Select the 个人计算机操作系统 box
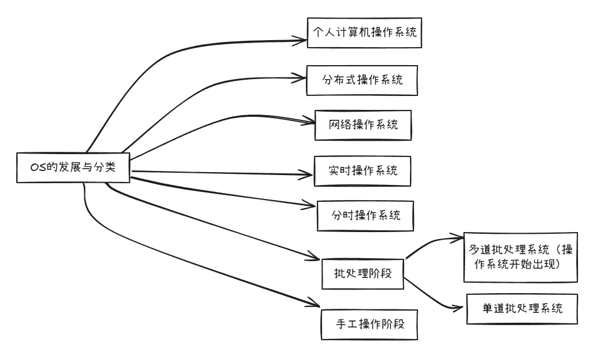[363, 33]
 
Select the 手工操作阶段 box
[370, 324]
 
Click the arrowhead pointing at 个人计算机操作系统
[303, 40]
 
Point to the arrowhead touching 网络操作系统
[311, 122]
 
